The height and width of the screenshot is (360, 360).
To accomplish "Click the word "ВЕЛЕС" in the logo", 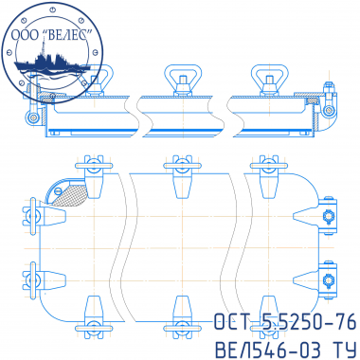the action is coord(68,35).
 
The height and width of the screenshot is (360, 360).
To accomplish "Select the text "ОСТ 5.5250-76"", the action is coord(285,322).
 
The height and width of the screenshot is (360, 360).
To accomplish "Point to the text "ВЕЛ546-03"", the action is coord(268,350).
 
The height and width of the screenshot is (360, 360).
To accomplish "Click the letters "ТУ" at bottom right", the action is coord(344,350).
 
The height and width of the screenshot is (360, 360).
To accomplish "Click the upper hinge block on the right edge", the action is coord(328,216).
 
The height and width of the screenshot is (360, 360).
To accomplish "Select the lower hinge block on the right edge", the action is coord(328,279).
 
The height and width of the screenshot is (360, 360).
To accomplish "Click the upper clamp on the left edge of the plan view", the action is coord(44,216).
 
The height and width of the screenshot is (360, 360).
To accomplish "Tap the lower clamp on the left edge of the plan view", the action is coord(44,280).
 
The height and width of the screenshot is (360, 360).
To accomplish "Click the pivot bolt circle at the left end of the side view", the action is coord(32,117).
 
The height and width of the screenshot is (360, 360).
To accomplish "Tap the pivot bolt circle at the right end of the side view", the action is coord(329,110).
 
